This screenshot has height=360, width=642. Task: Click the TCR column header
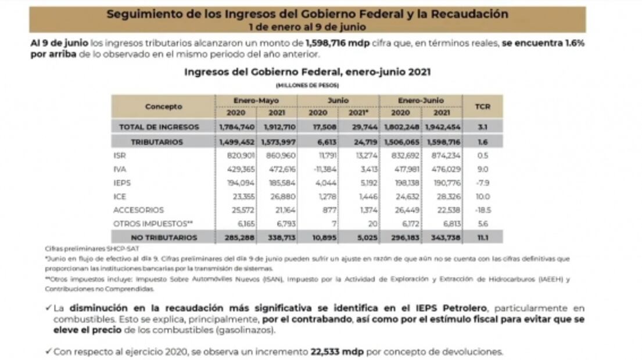coord(482,106)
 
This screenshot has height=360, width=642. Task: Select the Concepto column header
coord(163,106)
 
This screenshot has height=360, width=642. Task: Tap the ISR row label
coord(120,156)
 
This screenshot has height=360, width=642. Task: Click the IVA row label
coord(120,169)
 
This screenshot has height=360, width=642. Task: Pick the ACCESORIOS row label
coord(139,210)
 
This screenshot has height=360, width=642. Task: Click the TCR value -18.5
coord(482,210)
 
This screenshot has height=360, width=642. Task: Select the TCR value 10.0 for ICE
coord(482,196)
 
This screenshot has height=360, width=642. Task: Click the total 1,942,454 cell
coord(444,127)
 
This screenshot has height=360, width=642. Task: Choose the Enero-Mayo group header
coord(256,100)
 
